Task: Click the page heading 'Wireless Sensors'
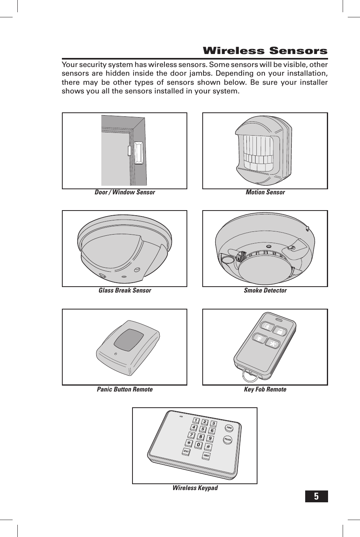(265, 51)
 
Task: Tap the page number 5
(316, 496)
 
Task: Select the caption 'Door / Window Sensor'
(125, 192)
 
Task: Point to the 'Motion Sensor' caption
(265, 192)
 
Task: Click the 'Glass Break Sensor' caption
(125, 291)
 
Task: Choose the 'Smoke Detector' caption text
(265, 291)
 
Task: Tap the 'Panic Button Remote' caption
(125, 390)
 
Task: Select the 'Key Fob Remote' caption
(265, 390)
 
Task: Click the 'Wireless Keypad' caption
(195, 488)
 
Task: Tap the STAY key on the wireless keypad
(186, 451)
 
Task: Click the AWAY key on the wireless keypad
(206, 456)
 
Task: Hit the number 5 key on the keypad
(203, 429)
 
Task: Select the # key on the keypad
(208, 447)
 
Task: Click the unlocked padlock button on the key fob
(281, 332)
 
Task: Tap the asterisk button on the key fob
(272, 343)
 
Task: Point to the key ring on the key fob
(249, 375)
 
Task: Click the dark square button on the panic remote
(129, 340)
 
